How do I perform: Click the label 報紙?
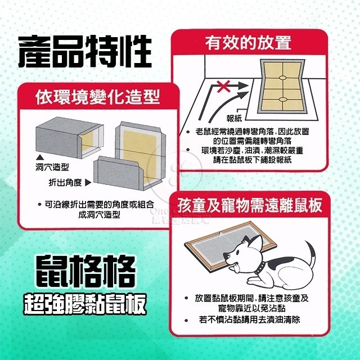(x=235, y=119)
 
